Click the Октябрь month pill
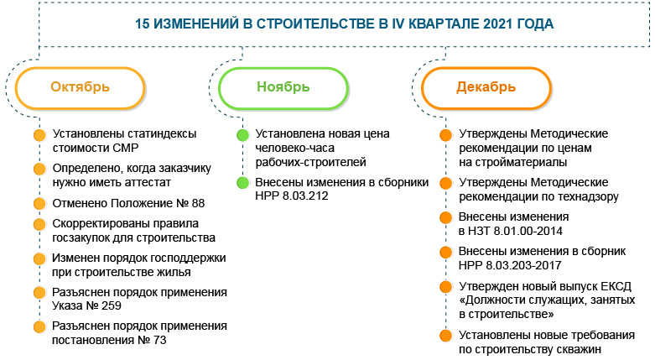point(81,86)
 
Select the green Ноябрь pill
point(283,86)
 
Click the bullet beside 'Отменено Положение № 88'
point(38,203)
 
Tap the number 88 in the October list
point(194,203)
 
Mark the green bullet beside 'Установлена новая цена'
point(242,134)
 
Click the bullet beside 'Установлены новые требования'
point(444,336)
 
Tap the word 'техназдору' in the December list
point(572,196)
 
